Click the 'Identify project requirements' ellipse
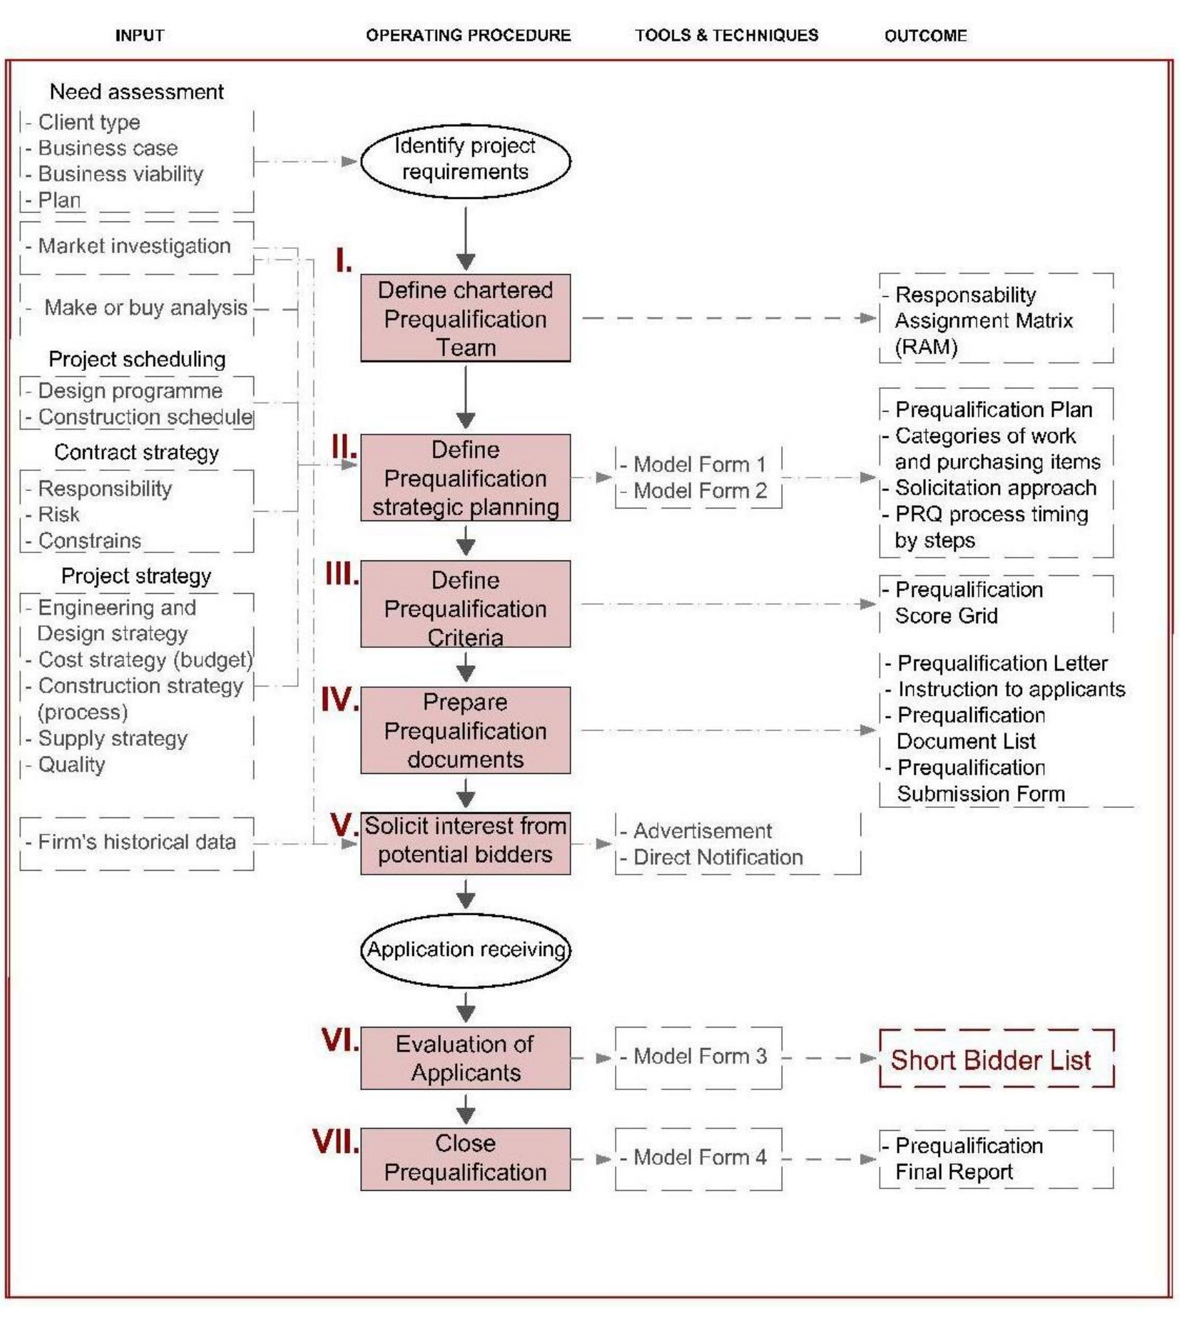point(465,160)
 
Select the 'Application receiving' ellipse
point(466,949)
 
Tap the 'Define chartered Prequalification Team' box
point(465,318)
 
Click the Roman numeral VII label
point(336,1142)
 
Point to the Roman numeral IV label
point(340,700)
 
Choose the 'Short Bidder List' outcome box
point(995,1059)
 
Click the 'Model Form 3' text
point(700,1056)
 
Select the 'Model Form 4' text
point(700,1157)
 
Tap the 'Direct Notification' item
point(718,857)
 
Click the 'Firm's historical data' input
point(137,842)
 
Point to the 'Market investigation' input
point(134,246)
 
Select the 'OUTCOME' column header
point(925,35)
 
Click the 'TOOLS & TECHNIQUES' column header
point(726,35)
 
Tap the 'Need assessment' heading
point(137,92)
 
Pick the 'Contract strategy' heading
point(137,452)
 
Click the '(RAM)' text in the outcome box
point(926,347)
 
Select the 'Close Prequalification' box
point(465,1158)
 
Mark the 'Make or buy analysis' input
point(145,308)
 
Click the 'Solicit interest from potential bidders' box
point(465,841)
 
